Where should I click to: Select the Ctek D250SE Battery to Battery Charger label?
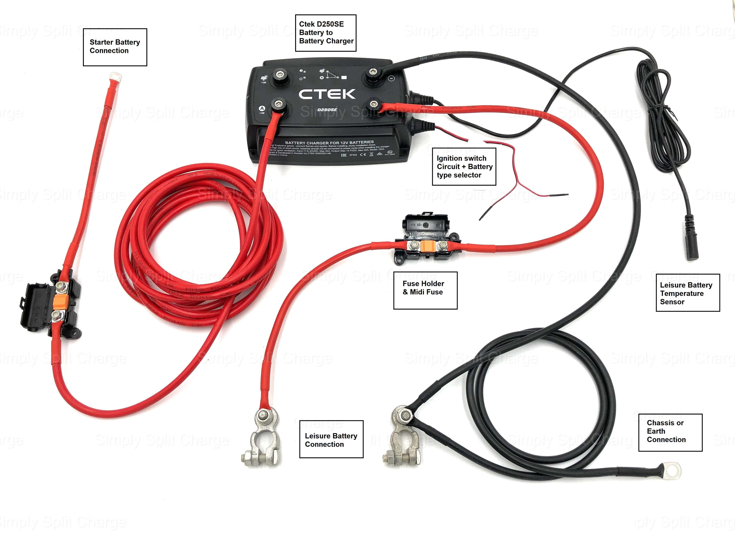click(x=326, y=33)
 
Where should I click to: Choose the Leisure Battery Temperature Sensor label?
click(x=687, y=293)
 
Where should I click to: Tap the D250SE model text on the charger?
click(x=327, y=110)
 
